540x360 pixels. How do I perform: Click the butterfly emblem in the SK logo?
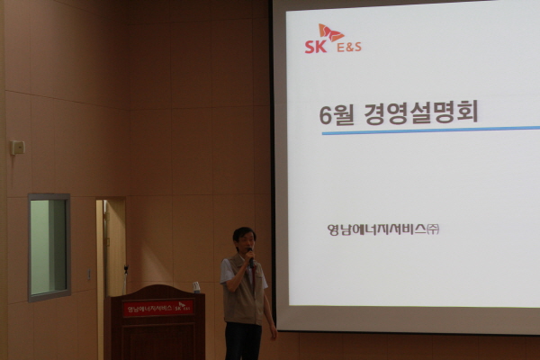click(331, 33)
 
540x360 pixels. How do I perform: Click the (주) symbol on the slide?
click(433, 229)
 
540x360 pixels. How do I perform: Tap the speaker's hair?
click(243, 232)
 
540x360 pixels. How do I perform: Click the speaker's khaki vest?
click(242, 292)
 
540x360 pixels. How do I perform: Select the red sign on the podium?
click(158, 309)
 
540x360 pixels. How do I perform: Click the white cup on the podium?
click(196, 287)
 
